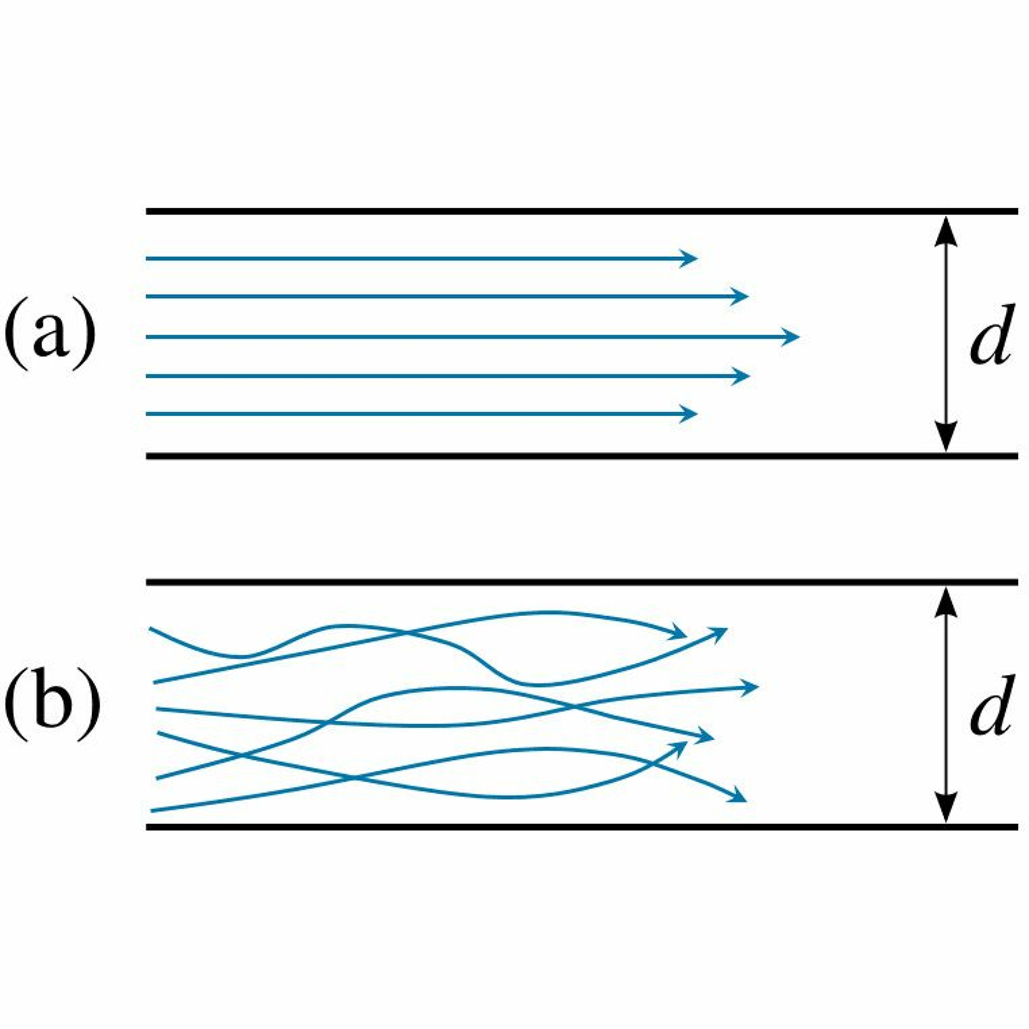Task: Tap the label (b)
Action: pos(52,708)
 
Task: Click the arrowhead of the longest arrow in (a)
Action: pos(791,336)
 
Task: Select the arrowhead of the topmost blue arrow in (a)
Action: pos(690,259)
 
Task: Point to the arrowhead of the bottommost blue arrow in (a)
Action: pos(690,413)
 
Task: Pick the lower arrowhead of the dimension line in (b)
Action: pos(946,808)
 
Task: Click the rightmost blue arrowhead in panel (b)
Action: pos(751,687)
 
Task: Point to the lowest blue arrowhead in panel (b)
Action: pos(739,798)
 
